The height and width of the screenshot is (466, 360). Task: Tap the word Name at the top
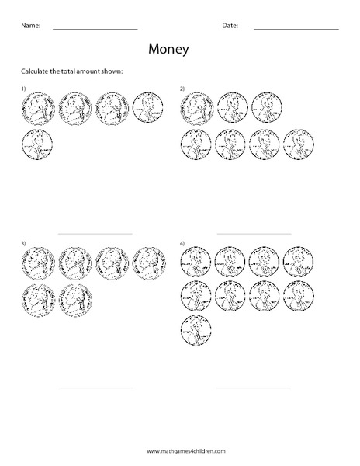(30, 26)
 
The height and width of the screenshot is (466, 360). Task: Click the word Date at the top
(230, 26)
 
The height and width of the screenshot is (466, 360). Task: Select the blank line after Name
(95, 29)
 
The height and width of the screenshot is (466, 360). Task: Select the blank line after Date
(296, 29)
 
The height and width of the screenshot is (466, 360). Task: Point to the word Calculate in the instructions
(36, 71)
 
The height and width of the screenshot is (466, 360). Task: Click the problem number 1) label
(24, 90)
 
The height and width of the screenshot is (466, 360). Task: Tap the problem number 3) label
(24, 244)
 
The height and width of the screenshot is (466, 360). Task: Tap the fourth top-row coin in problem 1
(147, 108)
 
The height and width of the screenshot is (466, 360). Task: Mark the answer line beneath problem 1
(95, 234)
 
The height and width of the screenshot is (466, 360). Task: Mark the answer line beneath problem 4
(254, 388)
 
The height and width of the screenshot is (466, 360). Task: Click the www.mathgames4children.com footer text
(180, 450)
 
